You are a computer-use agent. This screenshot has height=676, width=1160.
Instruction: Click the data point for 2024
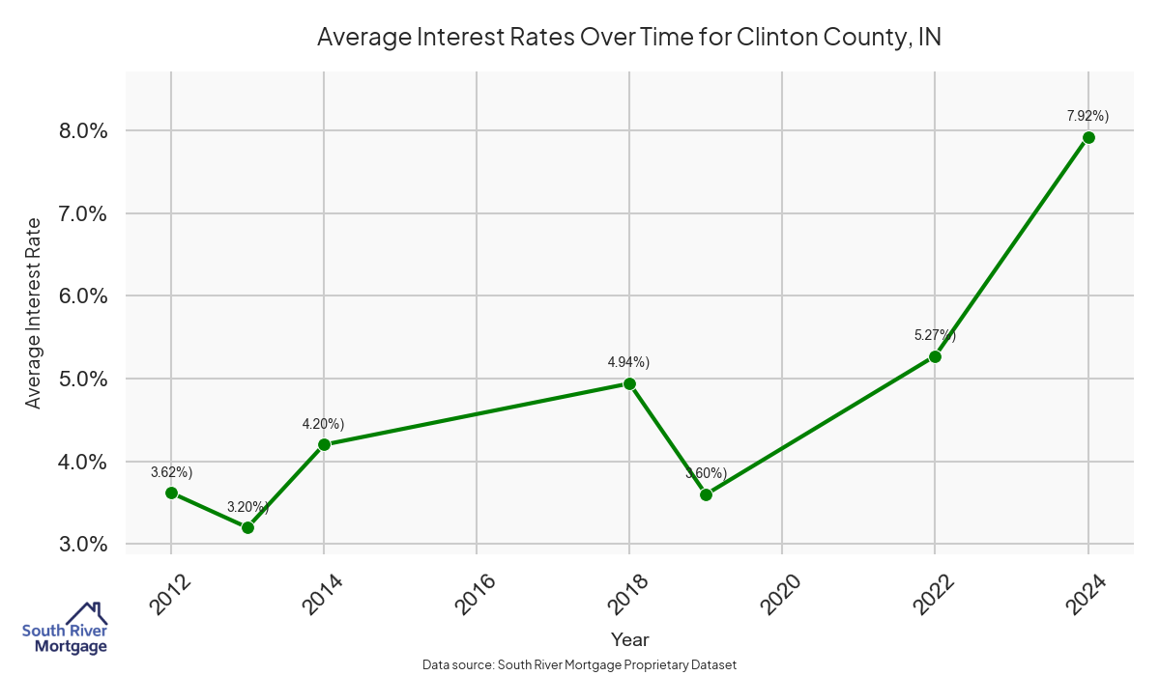pos(1088,137)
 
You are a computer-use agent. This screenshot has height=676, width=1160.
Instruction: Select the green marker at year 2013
pos(247,527)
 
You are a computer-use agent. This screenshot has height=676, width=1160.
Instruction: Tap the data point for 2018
pos(629,383)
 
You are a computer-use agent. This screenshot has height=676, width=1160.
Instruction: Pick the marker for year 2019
pos(706,494)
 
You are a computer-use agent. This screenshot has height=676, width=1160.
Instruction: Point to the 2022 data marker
pos(935,356)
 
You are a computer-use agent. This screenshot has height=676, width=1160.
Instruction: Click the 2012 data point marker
pos(171,493)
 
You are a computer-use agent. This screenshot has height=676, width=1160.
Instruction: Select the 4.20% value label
pos(323,424)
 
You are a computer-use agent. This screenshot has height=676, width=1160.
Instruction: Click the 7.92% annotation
pos(1087,116)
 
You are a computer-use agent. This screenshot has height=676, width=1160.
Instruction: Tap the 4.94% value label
pos(628,362)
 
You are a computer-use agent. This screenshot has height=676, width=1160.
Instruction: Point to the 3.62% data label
pos(171,472)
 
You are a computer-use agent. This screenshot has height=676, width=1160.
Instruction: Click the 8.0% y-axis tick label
pos(83,130)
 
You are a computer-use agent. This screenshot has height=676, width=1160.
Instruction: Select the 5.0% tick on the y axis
pos(83,379)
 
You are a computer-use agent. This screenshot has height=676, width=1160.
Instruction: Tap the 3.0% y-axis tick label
pos(83,545)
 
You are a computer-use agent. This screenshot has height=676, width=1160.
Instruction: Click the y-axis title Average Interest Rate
pos(34,313)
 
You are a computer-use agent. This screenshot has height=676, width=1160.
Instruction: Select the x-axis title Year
pos(629,639)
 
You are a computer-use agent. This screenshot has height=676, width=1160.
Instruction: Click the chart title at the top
pos(628,38)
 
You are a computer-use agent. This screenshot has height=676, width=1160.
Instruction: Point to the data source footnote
pos(580,665)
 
